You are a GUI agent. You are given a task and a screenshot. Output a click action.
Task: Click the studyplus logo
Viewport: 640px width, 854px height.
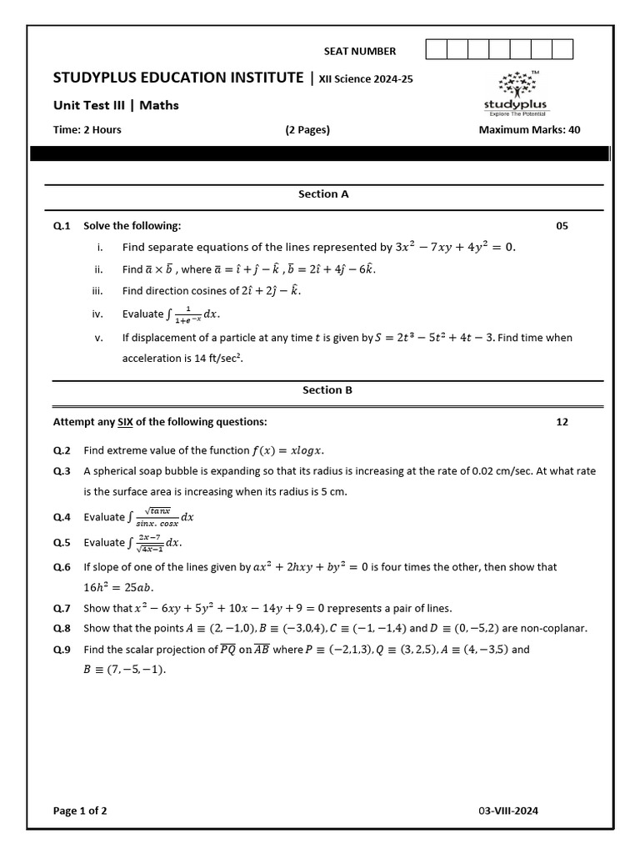[522, 92]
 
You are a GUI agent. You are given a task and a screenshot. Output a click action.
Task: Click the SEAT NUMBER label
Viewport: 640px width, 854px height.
[360, 51]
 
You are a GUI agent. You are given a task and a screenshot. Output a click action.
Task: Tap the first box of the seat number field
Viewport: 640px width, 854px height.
[436, 50]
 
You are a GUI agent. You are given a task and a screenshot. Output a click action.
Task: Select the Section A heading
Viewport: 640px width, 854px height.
[323, 194]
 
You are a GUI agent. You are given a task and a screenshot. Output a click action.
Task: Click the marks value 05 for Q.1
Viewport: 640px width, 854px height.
[562, 226]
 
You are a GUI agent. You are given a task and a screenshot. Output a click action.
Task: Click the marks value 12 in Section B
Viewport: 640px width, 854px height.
[562, 422]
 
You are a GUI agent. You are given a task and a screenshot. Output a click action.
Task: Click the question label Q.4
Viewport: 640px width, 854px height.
[62, 517]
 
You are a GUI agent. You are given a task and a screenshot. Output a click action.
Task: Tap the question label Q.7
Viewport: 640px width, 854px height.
[62, 608]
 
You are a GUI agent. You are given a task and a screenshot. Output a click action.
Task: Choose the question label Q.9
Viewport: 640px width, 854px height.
[62, 650]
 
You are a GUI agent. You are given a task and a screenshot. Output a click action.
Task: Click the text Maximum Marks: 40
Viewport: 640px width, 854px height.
[529, 130]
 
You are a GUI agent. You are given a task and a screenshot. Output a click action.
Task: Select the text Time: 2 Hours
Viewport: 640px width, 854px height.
[87, 130]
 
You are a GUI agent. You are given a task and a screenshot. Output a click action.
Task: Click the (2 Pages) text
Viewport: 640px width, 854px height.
[307, 130]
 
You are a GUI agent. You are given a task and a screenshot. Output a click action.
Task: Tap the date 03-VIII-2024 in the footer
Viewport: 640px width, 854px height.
[513, 811]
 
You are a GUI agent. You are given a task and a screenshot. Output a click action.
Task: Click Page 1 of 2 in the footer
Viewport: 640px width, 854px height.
[80, 811]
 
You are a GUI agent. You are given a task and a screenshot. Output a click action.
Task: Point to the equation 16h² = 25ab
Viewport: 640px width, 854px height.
[118, 587]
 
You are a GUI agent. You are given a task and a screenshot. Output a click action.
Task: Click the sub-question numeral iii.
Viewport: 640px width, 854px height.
[97, 291]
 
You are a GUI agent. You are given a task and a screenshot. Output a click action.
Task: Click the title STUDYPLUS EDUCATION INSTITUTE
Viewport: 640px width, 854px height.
[178, 78]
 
